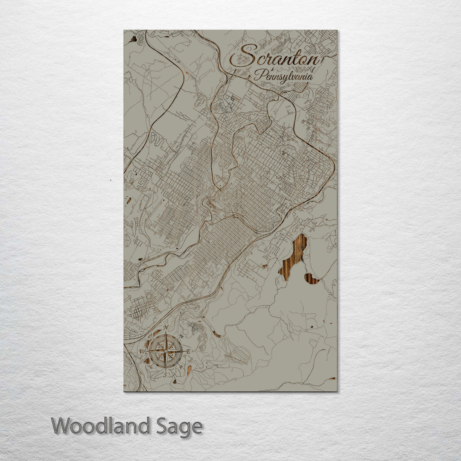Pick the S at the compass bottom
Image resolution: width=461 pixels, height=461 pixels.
click(166, 375)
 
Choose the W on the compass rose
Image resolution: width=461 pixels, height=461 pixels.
click(142, 351)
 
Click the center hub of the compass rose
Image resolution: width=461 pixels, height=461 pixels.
click(166, 351)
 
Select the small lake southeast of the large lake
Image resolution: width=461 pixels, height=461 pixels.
click(312, 279)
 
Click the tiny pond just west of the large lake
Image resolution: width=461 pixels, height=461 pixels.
click(265, 266)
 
